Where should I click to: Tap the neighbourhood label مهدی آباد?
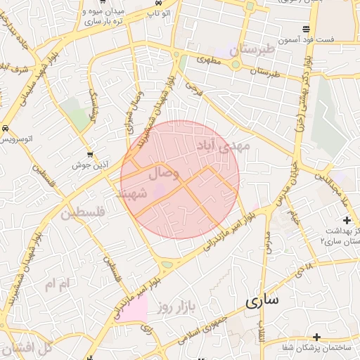tap(224, 146)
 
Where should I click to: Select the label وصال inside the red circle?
tap(165, 172)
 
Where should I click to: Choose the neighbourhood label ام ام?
tap(58, 285)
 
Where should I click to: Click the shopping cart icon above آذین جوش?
tap(89, 154)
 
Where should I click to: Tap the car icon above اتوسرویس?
tap(6, 129)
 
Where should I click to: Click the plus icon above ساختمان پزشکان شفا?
tap(317, 337)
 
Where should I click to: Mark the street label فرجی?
tap(193, 87)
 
